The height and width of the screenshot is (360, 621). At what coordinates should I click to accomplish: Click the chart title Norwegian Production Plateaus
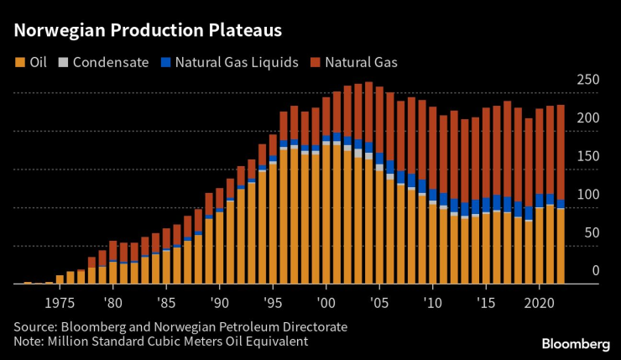(x=147, y=30)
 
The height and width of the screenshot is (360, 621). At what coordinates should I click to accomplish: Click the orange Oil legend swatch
(x=19, y=62)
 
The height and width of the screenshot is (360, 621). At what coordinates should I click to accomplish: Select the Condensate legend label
(x=111, y=62)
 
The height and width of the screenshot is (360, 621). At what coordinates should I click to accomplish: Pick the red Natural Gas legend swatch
(x=316, y=62)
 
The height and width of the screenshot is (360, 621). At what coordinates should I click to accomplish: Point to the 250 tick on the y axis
(x=588, y=81)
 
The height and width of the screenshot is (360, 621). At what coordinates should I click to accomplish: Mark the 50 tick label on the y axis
(x=592, y=232)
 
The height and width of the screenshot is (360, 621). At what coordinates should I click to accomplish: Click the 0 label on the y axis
(x=595, y=270)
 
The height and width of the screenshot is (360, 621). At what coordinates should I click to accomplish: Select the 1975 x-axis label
(x=60, y=301)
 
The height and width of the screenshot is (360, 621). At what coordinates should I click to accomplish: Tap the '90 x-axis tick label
(x=219, y=301)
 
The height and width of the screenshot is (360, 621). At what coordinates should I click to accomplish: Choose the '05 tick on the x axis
(x=379, y=301)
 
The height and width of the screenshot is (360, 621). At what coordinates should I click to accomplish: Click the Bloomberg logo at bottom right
(x=575, y=343)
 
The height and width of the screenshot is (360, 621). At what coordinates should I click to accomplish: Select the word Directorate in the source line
(x=313, y=326)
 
